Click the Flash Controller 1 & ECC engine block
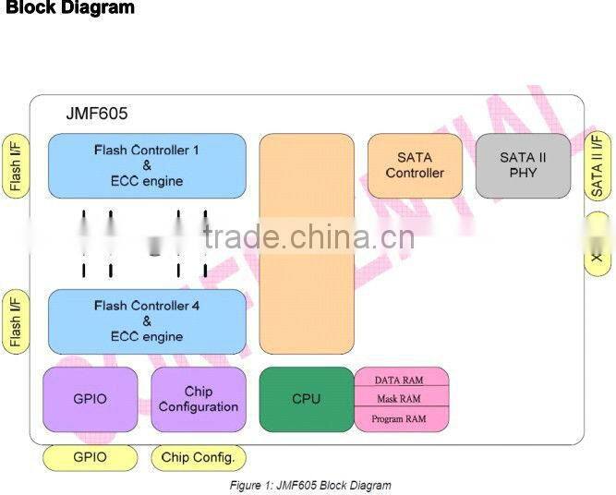pos(147,165)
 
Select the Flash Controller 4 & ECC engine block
pos(147,321)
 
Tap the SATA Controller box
pos(415,165)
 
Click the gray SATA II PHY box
pos(523,165)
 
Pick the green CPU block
pos(306,399)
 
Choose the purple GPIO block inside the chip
pos(90,399)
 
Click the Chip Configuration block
pos(198,399)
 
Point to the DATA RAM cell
pos(402,379)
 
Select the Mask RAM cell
pos(402,399)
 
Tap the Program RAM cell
pos(402,419)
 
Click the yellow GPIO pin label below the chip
pos(90,457)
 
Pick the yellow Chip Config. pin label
pos(198,457)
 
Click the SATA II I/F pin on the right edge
pos(598,166)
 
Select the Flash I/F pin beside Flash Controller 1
pos(16,166)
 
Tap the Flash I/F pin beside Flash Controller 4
pos(16,321)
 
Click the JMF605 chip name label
pos(96,115)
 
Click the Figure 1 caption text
pos(309,485)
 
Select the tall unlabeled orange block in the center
pos(306,243)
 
